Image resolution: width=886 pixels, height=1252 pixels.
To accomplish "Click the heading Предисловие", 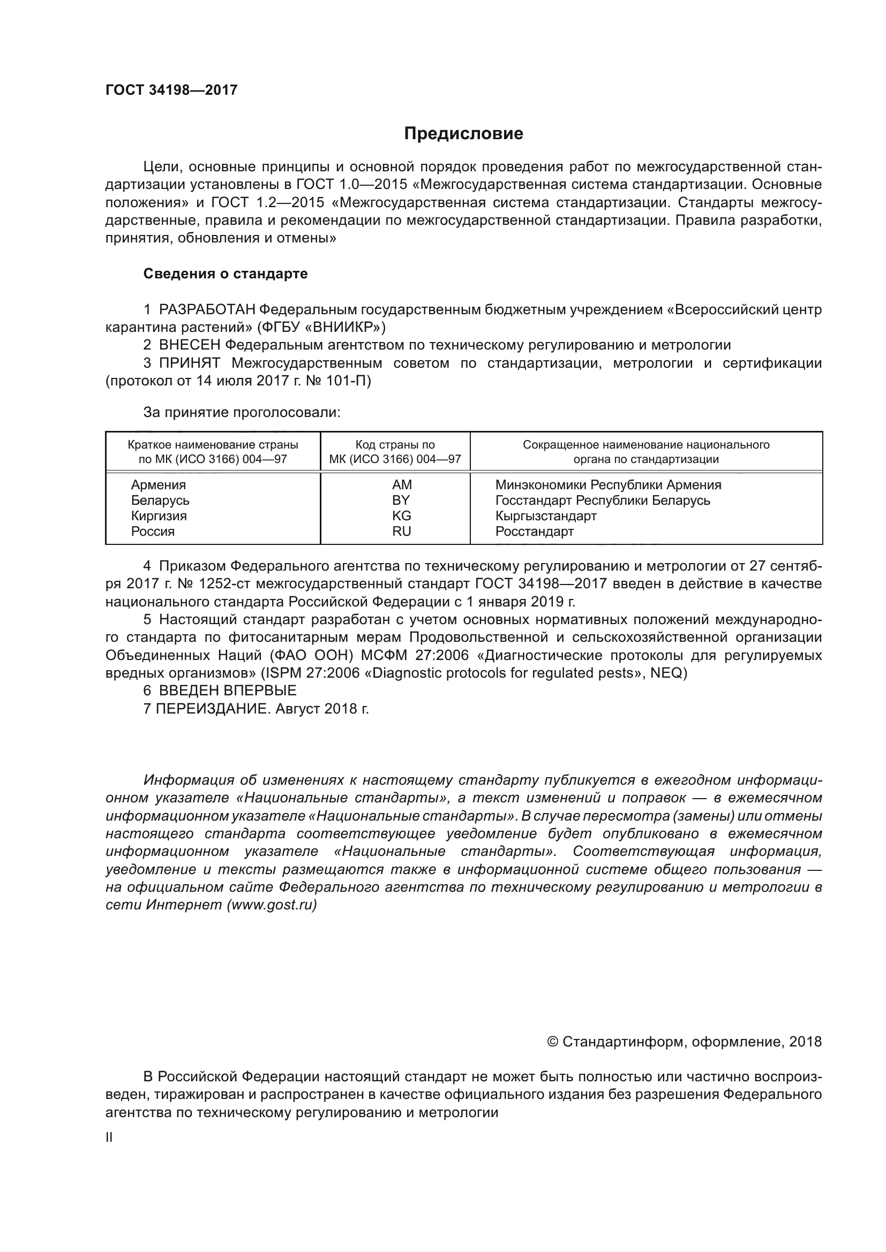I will pyautogui.click(x=463, y=134).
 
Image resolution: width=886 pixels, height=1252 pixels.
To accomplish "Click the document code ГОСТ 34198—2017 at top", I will pyautogui.click(x=171, y=90).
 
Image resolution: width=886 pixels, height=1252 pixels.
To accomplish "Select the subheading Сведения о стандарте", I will pyautogui.click(x=226, y=274).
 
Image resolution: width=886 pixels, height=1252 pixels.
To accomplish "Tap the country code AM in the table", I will pyautogui.click(x=402, y=485).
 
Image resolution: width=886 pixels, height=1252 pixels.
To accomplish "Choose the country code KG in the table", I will pyautogui.click(x=402, y=516).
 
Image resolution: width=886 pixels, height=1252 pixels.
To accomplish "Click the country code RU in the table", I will pyautogui.click(x=402, y=531).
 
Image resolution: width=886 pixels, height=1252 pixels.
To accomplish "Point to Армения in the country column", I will pyautogui.click(x=158, y=485).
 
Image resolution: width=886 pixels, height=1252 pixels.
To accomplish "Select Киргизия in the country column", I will pyautogui.click(x=159, y=516).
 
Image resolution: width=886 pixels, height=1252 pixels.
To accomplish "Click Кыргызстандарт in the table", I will pyautogui.click(x=545, y=516).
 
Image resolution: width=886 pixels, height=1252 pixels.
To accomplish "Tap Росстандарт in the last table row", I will pyautogui.click(x=534, y=531).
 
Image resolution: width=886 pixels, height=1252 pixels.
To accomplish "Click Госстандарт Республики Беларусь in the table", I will pyautogui.click(x=602, y=500).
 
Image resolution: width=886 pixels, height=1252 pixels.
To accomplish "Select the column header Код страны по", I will pyautogui.click(x=395, y=444).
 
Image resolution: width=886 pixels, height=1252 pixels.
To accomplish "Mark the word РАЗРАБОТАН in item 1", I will pyautogui.click(x=207, y=310).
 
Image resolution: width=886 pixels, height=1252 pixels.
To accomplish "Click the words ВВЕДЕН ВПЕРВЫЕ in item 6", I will pyautogui.click(x=228, y=691).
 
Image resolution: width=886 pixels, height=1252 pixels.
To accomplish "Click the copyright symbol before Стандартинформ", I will pyautogui.click(x=552, y=1042).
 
